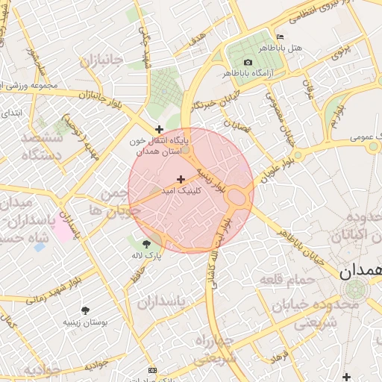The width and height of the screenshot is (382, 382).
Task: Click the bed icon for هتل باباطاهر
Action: tap(280, 37)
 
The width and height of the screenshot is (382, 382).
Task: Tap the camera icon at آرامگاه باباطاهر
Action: tap(248, 61)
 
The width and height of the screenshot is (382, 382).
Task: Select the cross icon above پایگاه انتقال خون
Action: tap(159, 129)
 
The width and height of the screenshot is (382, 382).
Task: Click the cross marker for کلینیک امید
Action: tap(181, 179)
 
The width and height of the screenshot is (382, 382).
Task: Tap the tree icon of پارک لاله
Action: tap(146, 242)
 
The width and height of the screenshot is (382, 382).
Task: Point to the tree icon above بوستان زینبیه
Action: tap(86, 310)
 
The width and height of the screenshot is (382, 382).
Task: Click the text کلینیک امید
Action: tap(179, 191)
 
